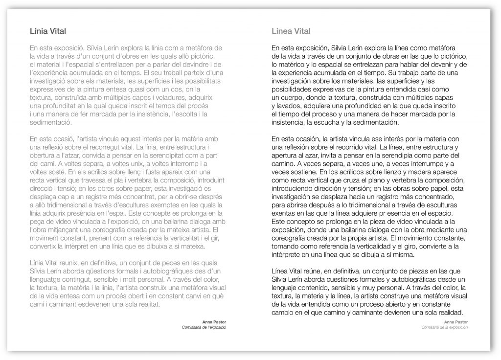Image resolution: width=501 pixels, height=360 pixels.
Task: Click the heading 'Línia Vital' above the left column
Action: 48,31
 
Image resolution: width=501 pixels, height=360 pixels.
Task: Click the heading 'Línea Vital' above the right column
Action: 291,31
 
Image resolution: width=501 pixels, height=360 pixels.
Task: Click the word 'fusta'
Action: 139,173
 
